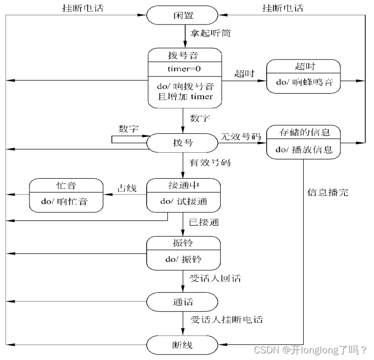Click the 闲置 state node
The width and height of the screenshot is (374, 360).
tap(184, 15)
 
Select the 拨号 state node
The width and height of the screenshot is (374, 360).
tap(184, 142)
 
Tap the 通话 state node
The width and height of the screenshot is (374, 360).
tap(184, 302)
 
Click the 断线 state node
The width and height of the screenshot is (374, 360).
tap(184, 345)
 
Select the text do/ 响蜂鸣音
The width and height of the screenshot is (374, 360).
tap(304, 82)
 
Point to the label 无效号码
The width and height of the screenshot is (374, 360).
tap(241, 136)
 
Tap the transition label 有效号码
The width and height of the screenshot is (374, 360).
tap(210, 163)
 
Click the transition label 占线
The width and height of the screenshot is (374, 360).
tap(127, 188)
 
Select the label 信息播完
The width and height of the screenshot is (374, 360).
tap(328, 193)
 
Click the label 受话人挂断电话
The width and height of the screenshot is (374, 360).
tap(226, 320)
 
